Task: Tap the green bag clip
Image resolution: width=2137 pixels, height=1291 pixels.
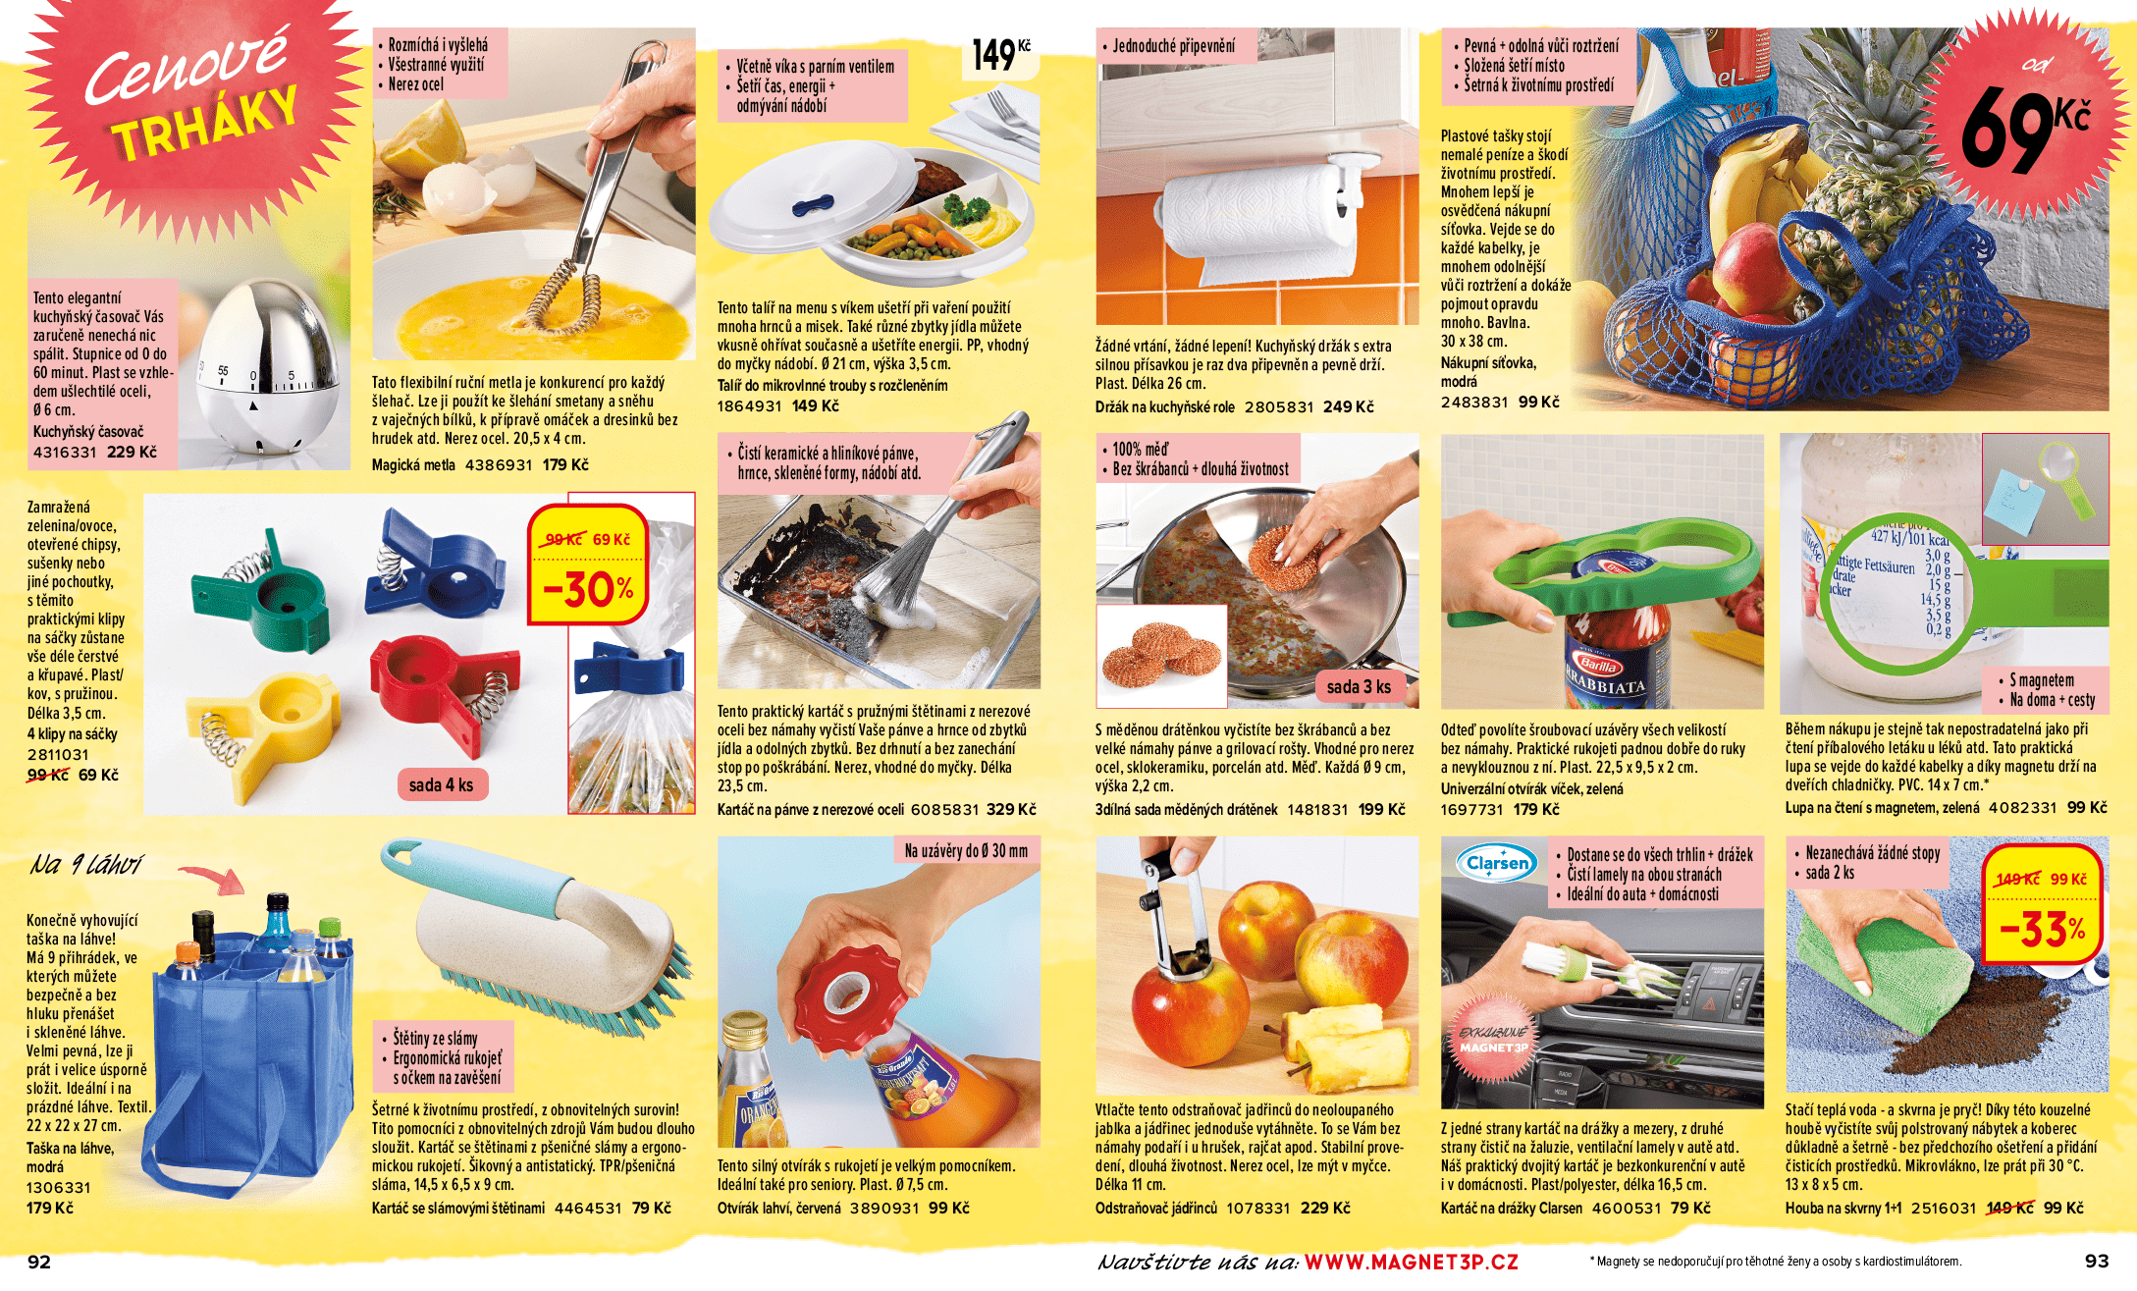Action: click(262, 593)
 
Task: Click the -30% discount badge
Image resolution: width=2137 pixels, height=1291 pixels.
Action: click(588, 565)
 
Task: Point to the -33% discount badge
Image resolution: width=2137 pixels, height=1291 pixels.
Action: click(2043, 903)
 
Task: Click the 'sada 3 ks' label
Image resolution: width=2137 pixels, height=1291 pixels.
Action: click(1359, 687)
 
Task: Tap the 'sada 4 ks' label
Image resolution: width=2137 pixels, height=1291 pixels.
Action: click(441, 785)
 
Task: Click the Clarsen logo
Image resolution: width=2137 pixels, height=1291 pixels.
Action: click(1497, 863)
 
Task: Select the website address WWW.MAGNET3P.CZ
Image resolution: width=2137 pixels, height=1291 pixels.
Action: click(1411, 1262)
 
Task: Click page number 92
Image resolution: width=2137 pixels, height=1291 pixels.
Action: click(39, 1262)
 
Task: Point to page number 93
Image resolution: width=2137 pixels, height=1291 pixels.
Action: click(2097, 1262)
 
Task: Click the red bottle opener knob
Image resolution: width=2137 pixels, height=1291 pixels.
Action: click(850, 983)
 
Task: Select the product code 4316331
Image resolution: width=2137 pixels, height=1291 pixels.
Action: click(65, 453)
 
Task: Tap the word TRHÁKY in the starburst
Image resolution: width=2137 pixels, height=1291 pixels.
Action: click(205, 123)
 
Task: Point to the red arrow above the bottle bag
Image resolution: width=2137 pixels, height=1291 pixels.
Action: click(212, 878)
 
